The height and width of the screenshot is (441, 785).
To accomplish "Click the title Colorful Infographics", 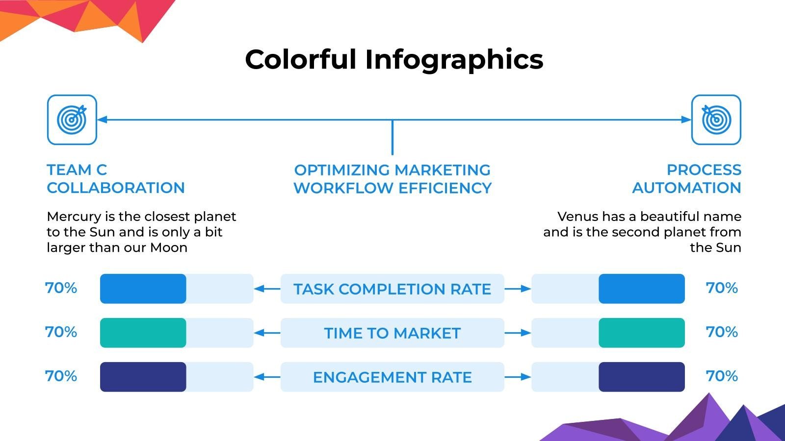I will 394,59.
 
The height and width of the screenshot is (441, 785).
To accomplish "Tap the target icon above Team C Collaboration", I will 72,120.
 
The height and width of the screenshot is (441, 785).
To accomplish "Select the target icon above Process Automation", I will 716,120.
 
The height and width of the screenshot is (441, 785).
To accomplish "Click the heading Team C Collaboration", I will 115,179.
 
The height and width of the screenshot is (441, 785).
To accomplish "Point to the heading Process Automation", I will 686,179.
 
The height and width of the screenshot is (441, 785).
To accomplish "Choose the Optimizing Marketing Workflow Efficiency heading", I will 392,179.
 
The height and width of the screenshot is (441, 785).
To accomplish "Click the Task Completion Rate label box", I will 392,289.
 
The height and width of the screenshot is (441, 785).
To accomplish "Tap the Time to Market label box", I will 392,333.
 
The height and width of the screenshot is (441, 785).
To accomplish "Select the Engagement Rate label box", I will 392,377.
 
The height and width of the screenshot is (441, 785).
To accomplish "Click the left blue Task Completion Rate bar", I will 143,289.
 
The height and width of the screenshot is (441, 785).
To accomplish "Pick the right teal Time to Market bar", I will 641,333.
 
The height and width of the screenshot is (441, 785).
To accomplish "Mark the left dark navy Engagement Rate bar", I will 143,377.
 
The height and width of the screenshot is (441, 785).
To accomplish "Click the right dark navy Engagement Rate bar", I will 641,377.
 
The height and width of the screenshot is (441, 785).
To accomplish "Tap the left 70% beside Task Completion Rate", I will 61,288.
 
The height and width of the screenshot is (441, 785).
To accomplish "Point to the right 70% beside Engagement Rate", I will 722,376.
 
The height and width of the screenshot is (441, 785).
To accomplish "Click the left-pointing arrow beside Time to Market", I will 267,333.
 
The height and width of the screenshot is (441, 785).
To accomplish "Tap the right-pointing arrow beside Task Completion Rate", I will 518,289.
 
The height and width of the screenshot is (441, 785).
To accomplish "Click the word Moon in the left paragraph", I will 169,247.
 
